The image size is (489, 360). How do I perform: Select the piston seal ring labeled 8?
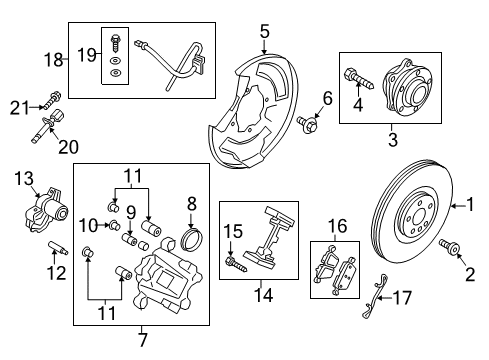tap(188, 241)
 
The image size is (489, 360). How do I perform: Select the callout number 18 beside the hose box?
tap(53, 60)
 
